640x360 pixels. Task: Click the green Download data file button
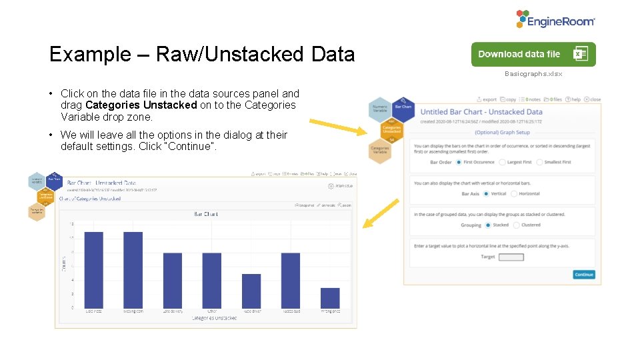(x=520, y=55)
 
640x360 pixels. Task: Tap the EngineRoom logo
(x=555, y=20)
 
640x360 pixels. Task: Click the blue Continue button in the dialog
(x=583, y=275)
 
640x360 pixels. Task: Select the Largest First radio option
(x=503, y=162)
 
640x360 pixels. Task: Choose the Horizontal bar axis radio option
(x=514, y=194)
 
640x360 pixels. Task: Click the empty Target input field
(x=511, y=257)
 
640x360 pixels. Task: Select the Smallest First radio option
(x=541, y=162)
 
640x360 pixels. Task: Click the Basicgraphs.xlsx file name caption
(x=533, y=74)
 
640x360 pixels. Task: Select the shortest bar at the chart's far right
(x=330, y=297)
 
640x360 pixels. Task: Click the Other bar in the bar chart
(x=212, y=280)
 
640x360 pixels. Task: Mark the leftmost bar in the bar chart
(x=94, y=269)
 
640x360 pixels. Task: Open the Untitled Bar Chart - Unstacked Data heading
(x=481, y=112)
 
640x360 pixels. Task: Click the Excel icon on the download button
(x=580, y=55)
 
